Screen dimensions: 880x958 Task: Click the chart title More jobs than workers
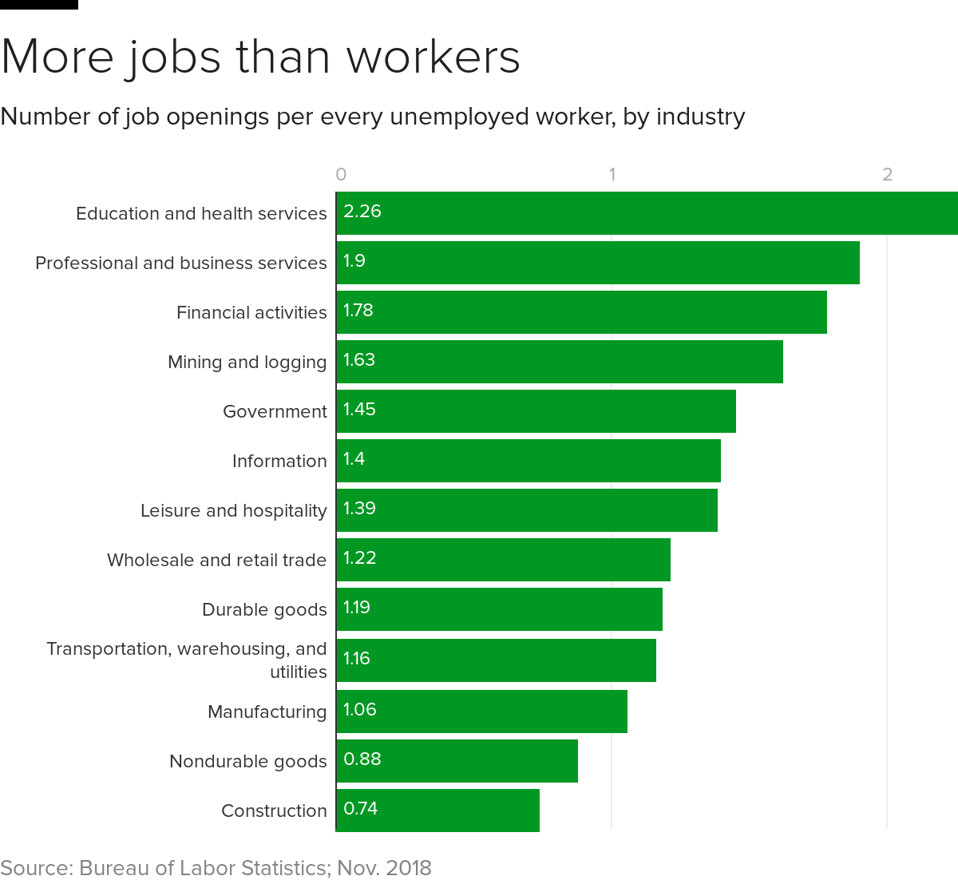click(260, 57)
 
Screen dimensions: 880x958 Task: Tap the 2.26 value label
click(362, 212)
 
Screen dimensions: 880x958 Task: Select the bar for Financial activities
click(581, 312)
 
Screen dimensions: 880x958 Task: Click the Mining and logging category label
click(247, 363)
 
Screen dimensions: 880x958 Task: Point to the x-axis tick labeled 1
click(612, 174)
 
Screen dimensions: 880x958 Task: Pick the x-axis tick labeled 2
click(887, 174)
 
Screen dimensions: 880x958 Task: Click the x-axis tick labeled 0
click(341, 174)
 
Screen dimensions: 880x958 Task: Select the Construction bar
click(437, 811)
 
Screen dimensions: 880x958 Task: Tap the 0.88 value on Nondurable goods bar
click(362, 759)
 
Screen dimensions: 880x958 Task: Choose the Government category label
click(275, 412)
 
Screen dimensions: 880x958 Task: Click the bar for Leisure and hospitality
click(527, 510)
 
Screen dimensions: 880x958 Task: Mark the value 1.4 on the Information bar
click(354, 459)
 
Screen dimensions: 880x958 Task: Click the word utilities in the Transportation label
click(298, 672)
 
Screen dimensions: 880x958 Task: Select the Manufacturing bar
click(481, 712)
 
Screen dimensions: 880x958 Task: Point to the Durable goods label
click(264, 610)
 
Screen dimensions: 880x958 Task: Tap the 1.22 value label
click(359, 558)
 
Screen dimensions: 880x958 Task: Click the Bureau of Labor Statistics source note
click(216, 868)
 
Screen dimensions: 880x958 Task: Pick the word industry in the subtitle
click(700, 117)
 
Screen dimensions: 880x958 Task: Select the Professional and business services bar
click(598, 263)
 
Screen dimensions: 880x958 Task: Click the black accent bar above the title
click(39, 5)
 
